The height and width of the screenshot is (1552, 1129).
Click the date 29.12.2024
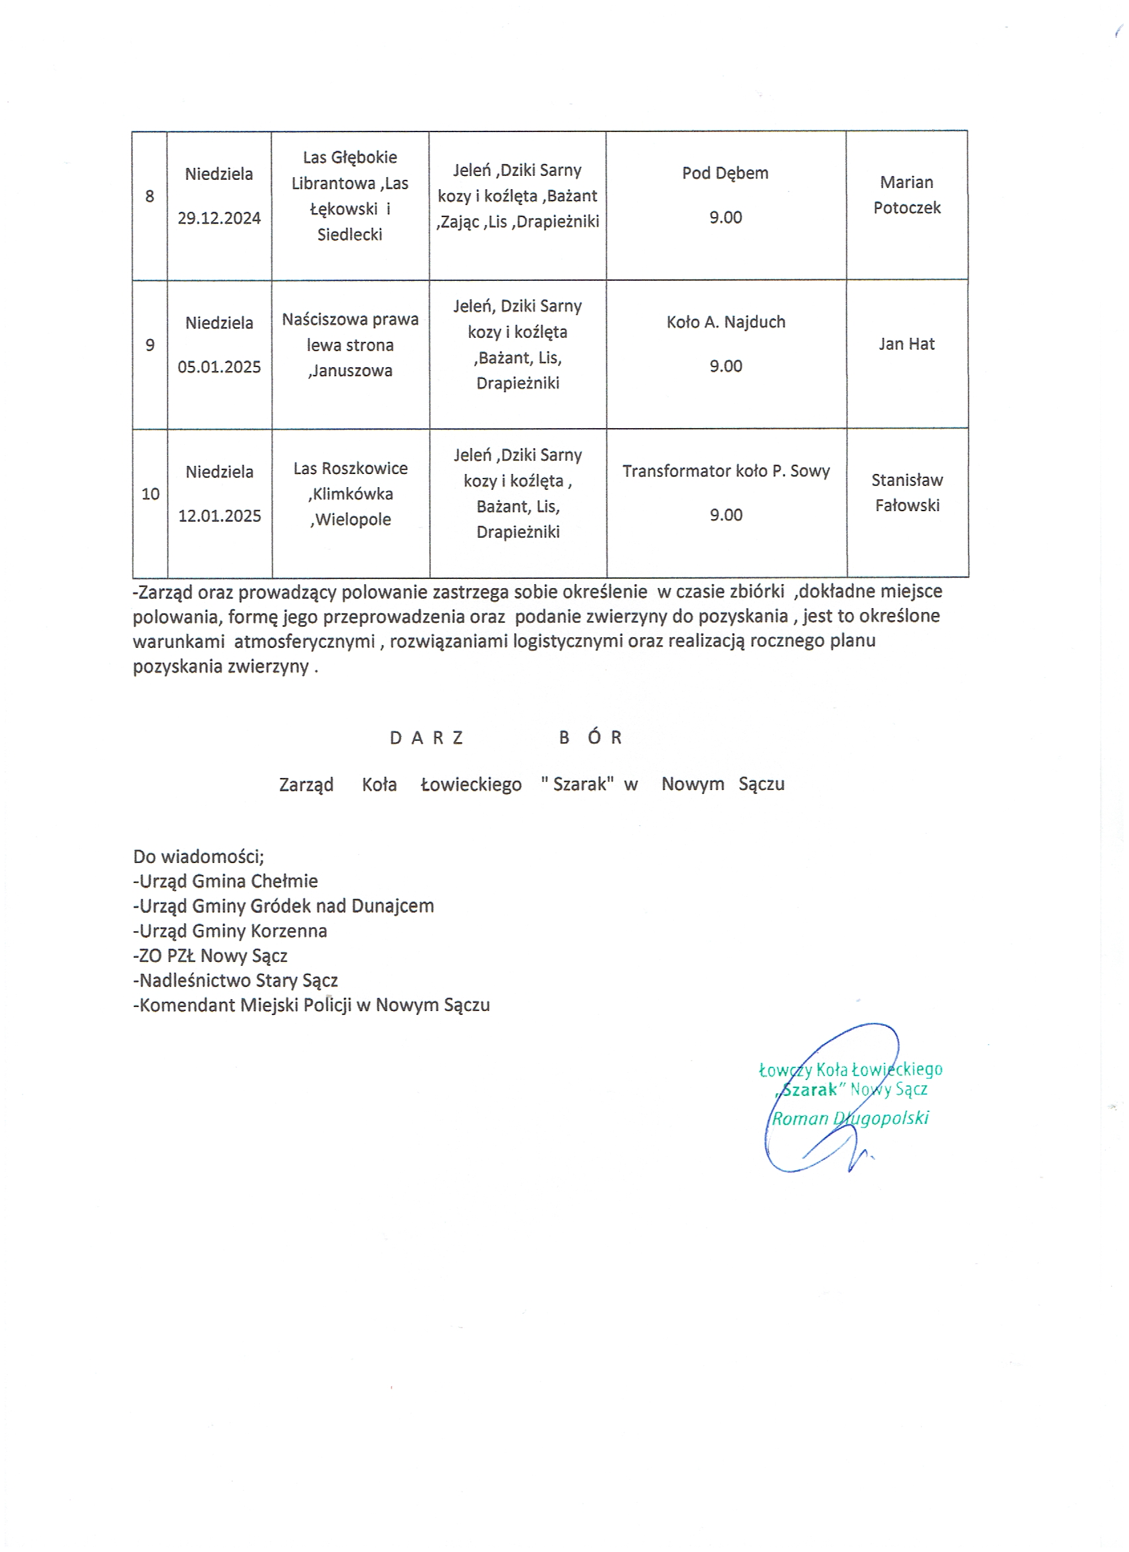click(x=219, y=218)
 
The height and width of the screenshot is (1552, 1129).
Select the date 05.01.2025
click(x=219, y=367)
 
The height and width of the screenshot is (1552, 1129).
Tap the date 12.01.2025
click(x=219, y=516)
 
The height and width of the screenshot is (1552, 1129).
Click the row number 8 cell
click(x=150, y=197)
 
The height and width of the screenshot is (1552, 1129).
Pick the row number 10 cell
click(x=150, y=494)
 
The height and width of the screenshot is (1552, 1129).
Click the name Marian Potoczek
click(x=907, y=195)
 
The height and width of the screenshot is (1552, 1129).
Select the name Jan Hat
click(x=907, y=345)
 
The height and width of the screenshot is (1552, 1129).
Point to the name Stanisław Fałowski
click(x=907, y=493)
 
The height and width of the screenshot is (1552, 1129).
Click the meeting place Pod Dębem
click(x=725, y=173)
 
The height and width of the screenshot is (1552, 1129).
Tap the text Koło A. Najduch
click(x=726, y=323)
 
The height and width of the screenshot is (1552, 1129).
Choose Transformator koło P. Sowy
click(x=726, y=471)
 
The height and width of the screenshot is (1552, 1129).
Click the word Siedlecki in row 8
click(x=350, y=235)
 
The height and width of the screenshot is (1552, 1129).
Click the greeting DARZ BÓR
click(x=505, y=737)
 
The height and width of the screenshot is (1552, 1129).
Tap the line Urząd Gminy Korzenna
click(x=230, y=931)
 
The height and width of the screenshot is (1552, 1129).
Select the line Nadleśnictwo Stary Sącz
click(x=236, y=980)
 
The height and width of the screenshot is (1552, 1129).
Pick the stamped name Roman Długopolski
click(x=849, y=1118)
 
